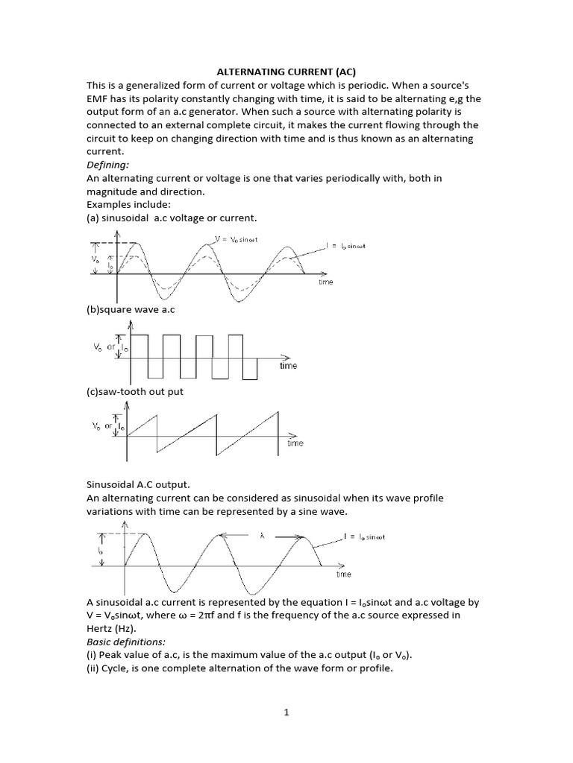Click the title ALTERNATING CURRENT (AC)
286,72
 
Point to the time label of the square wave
288,366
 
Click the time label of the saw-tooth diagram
295,443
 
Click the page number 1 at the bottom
286,712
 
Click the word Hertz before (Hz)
102,627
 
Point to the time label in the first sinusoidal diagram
325,282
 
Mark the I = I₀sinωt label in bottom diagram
364,536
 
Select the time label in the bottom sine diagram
343,574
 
